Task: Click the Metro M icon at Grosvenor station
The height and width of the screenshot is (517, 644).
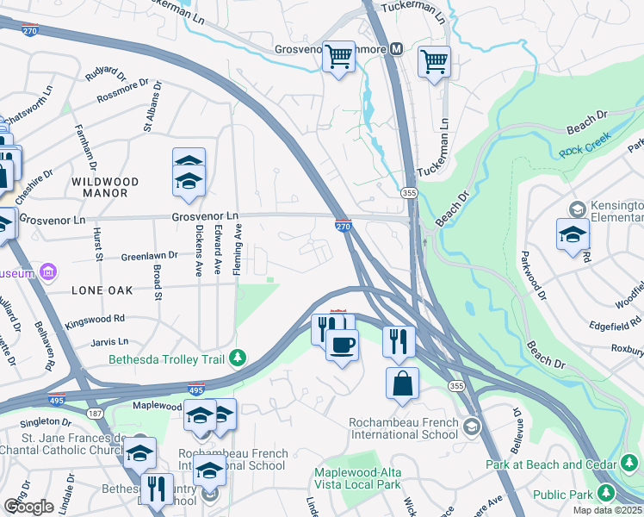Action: point(396,49)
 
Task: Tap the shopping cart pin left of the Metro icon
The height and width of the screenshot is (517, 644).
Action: point(338,57)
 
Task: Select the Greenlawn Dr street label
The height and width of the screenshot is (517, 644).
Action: point(149,256)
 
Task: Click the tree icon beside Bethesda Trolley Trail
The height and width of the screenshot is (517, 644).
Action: point(244,358)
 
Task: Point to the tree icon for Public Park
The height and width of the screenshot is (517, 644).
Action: point(607,493)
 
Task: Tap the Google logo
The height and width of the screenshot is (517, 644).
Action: point(28,506)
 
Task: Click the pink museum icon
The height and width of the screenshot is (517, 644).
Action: point(48,274)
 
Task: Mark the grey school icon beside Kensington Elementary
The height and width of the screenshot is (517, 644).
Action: point(576,209)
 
